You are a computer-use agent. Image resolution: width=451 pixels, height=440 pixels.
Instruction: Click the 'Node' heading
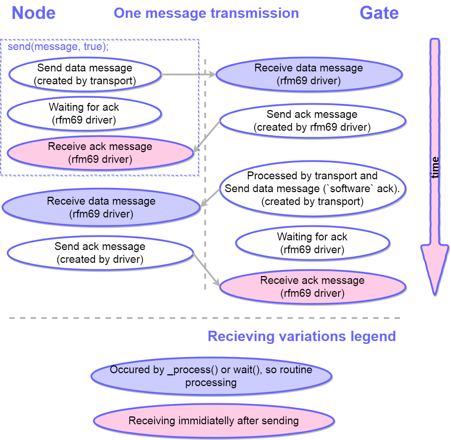pyautogui.click(x=34, y=13)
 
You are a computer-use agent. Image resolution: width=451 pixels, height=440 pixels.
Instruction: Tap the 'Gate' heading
pyautogui.click(x=379, y=13)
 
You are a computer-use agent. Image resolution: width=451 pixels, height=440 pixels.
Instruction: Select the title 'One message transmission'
pyautogui.click(x=206, y=13)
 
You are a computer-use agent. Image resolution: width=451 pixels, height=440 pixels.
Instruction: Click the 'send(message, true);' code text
pyautogui.click(x=58, y=47)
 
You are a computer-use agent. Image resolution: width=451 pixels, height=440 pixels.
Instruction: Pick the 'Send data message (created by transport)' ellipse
pyautogui.click(x=85, y=74)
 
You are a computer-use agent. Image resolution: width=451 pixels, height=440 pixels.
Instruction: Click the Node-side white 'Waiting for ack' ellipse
pyautogui.click(x=84, y=114)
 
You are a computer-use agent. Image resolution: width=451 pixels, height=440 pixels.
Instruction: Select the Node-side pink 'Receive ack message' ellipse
pyautogui.click(x=100, y=153)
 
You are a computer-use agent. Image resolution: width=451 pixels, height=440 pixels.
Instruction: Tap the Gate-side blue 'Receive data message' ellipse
pyautogui.click(x=309, y=74)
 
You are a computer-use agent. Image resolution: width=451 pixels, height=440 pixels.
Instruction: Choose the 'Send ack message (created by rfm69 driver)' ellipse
pyautogui.click(x=313, y=121)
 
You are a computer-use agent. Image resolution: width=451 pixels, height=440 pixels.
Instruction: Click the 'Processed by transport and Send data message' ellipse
pyautogui.click(x=313, y=189)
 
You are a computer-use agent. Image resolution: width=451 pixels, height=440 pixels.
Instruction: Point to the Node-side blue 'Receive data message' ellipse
pyautogui.click(x=101, y=207)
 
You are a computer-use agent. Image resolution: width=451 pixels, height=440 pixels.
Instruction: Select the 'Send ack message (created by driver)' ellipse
pyautogui.click(x=100, y=253)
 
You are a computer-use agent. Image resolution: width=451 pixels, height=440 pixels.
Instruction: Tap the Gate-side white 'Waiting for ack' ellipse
pyautogui.click(x=313, y=243)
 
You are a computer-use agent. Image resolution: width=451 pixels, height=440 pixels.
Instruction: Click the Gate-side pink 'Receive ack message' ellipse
pyautogui.click(x=313, y=287)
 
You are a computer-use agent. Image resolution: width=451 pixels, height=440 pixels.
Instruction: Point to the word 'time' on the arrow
pyautogui.click(x=435, y=167)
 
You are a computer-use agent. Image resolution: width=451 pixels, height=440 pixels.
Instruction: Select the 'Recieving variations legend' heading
pyautogui.click(x=302, y=336)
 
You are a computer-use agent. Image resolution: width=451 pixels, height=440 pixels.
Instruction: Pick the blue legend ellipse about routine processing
pyautogui.click(x=211, y=376)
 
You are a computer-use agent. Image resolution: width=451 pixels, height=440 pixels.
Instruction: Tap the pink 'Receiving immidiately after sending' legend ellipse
pyautogui.click(x=214, y=421)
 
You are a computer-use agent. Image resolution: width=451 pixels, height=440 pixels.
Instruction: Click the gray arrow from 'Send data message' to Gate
pyautogui.click(x=188, y=74)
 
